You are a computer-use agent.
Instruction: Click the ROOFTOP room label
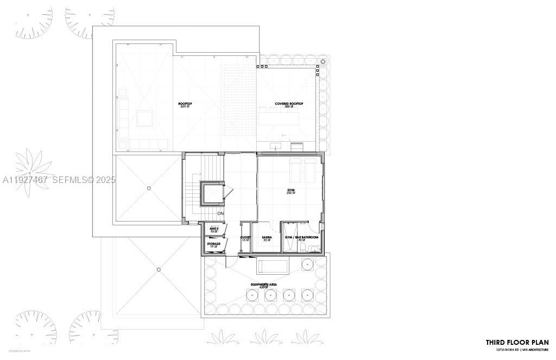pyautogui.click(x=186, y=103)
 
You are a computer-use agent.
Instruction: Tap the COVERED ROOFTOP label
pyautogui.click(x=289, y=103)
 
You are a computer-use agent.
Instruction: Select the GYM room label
pyautogui.click(x=291, y=191)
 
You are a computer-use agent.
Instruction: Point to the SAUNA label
pyautogui.click(x=267, y=237)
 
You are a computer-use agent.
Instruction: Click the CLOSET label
pyautogui.click(x=245, y=237)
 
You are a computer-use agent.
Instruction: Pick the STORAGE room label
pyautogui.click(x=213, y=244)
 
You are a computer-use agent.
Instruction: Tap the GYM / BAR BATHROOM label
pyautogui.click(x=301, y=237)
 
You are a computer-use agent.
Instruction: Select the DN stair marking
pyautogui.click(x=220, y=213)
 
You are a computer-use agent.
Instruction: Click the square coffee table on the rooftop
pyautogui.click(x=144, y=118)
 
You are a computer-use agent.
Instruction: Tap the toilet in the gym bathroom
pyautogui.click(x=315, y=248)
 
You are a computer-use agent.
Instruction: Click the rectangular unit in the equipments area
pyautogui.click(x=273, y=267)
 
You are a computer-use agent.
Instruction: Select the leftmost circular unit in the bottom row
pyautogui.click(x=252, y=295)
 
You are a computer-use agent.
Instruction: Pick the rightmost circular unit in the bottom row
pyautogui.click(x=307, y=295)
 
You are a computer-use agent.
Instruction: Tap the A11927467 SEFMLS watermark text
pyautogui.click(x=58, y=180)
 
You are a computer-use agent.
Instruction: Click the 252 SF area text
pyautogui.click(x=291, y=194)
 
